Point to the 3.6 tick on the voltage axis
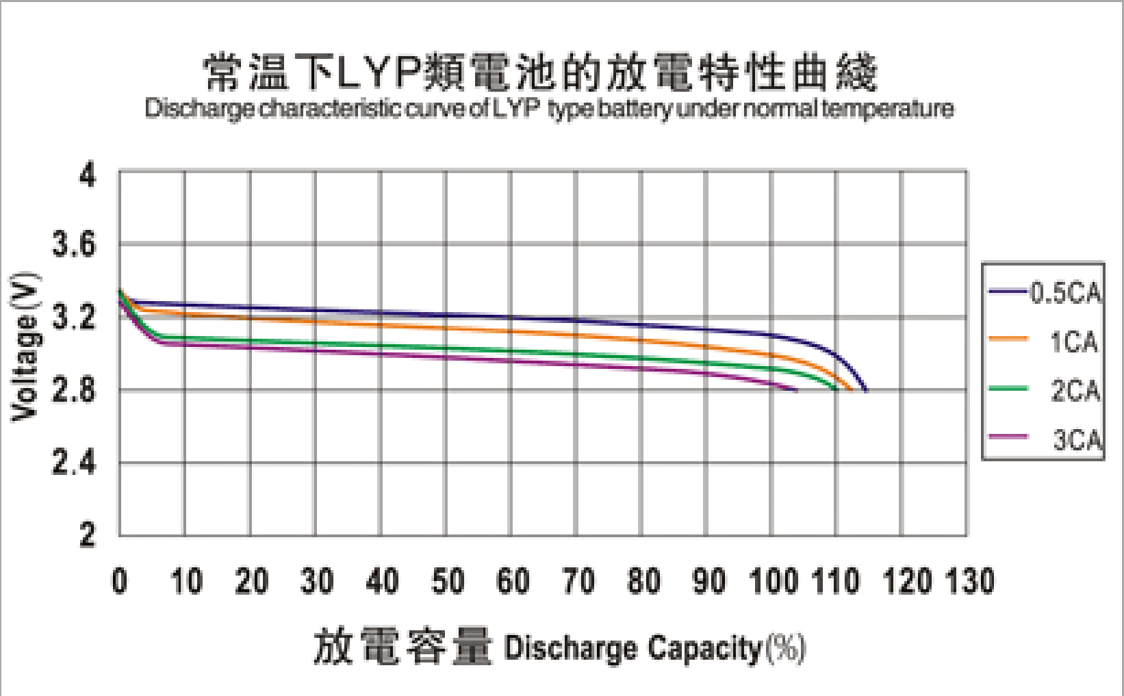[x=75, y=244]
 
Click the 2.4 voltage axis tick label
[x=75, y=463]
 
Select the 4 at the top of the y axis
[x=88, y=175]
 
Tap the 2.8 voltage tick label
[x=75, y=391]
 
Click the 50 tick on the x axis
[x=448, y=581]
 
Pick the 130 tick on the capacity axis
[x=970, y=581]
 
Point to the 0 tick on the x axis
[x=120, y=581]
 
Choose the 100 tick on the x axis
[x=774, y=581]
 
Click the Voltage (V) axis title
[x=24, y=347]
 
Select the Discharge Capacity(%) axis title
[x=654, y=647]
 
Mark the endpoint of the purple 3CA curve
[x=797, y=390]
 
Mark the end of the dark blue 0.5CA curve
[x=866, y=390]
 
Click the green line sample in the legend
[x=1008, y=389]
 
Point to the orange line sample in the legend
[x=1008, y=338]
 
